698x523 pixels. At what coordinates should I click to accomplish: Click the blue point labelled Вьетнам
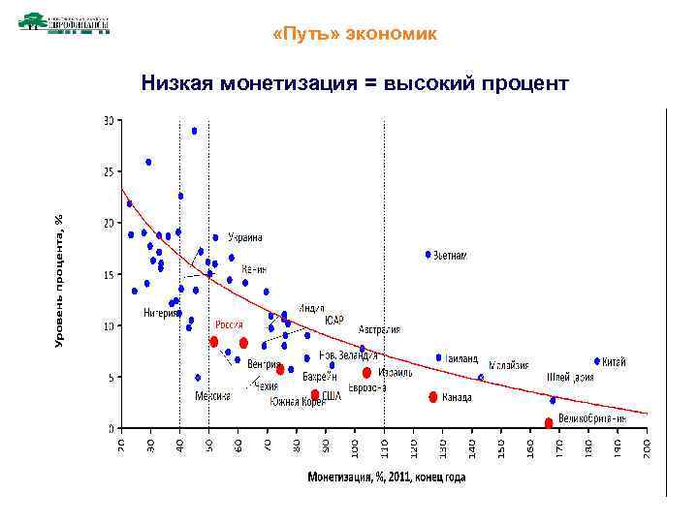click(x=428, y=255)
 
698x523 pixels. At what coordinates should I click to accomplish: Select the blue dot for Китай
click(x=597, y=361)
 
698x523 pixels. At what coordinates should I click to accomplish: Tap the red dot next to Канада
click(x=433, y=397)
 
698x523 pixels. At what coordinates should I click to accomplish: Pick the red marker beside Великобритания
click(x=549, y=422)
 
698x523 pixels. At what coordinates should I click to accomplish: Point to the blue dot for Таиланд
click(x=438, y=357)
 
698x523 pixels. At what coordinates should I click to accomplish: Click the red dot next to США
click(x=315, y=394)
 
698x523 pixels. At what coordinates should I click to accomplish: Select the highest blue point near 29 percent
click(x=194, y=131)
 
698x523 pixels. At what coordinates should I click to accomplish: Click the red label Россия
click(x=229, y=324)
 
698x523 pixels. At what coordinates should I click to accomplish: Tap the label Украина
click(x=245, y=237)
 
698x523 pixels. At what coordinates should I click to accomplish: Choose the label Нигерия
click(x=160, y=313)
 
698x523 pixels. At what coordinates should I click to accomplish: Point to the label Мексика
click(x=212, y=396)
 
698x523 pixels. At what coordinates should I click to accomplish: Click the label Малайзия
click(x=510, y=365)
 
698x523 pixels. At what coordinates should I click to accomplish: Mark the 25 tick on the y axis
click(x=109, y=171)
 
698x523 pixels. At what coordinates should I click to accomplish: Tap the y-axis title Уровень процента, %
click(x=59, y=281)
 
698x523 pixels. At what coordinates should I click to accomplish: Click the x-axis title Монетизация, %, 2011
click(x=386, y=477)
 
